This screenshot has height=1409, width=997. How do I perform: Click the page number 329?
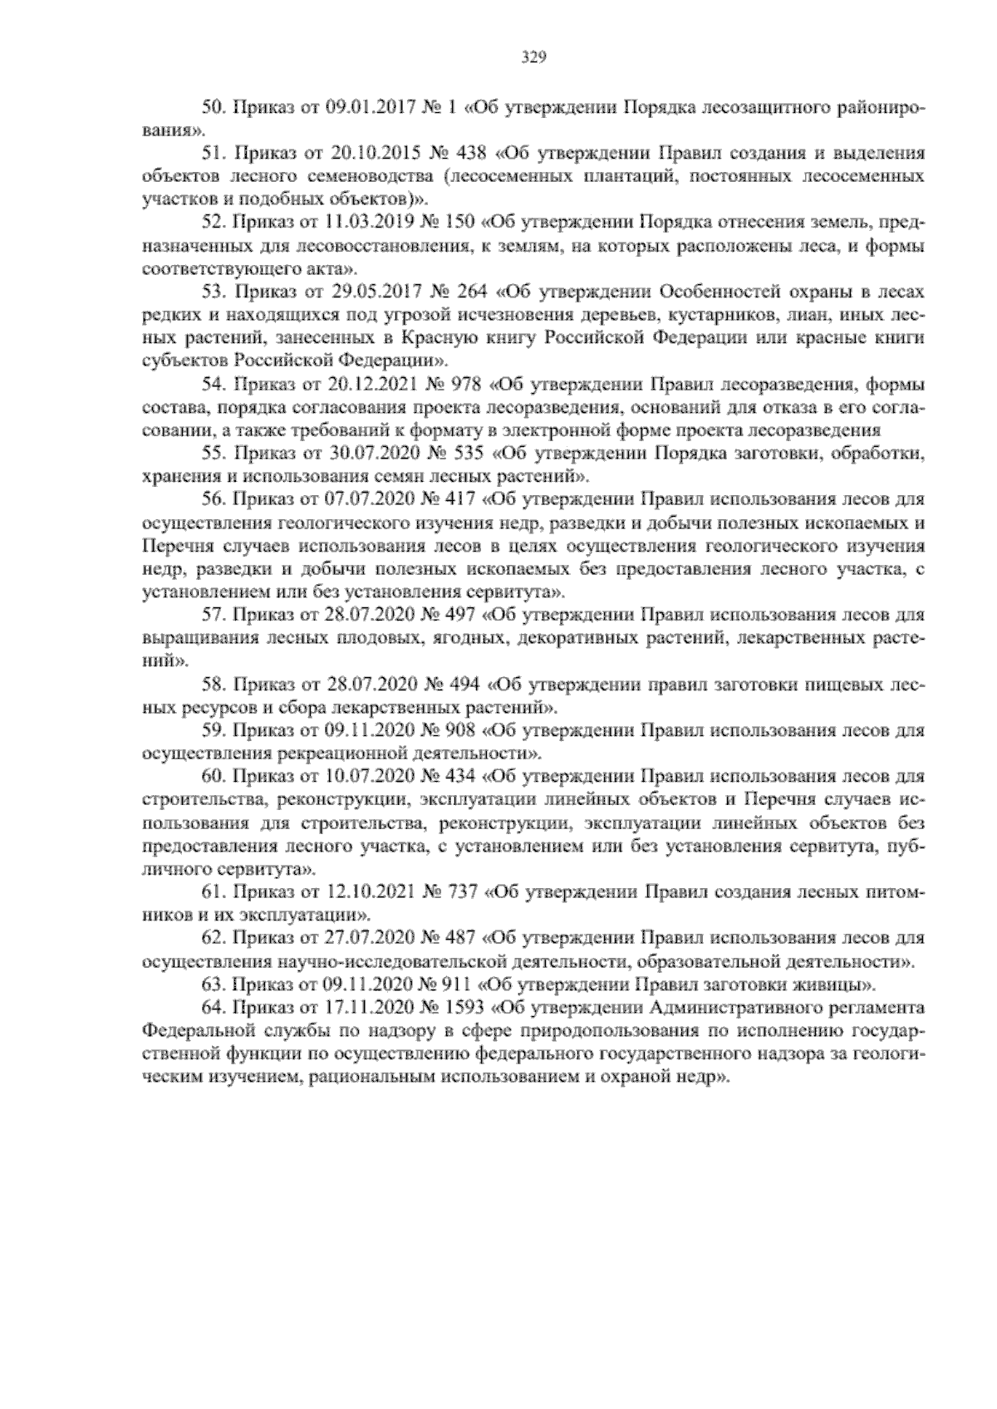532,57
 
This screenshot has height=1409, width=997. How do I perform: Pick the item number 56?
214,500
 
